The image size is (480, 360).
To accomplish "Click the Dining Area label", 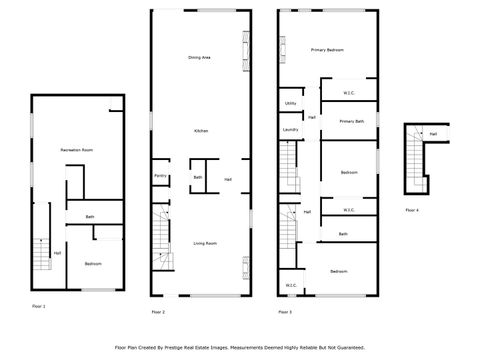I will tap(199, 58).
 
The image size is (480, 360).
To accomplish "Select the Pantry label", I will tap(160, 177).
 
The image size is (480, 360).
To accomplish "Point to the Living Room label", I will tap(206, 243).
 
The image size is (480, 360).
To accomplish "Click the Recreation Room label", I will tap(76, 149).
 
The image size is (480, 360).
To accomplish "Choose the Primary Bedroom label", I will tap(327, 50).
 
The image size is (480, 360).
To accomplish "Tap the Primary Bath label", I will tap(351, 121).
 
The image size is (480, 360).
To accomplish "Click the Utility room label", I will tap(290, 103).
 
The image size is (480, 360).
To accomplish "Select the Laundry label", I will tap(291, 129).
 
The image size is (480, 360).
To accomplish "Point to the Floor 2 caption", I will tap(158, 312).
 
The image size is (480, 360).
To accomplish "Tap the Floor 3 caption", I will tap(285, 312).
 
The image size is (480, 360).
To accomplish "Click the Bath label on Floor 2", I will tap(197, 177).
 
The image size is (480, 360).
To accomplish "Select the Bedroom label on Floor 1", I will tap(93, 263).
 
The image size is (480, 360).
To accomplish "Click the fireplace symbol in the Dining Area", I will tap(243, 50).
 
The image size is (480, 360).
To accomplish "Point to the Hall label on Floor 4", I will tap(433, 133).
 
